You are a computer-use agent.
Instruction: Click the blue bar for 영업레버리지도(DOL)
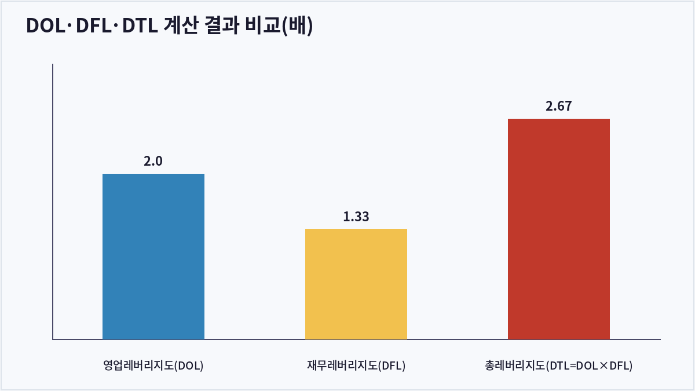click(153, 256)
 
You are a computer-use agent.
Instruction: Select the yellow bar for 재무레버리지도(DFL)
click(356, 284)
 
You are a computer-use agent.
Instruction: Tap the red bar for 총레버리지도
click(559, 229)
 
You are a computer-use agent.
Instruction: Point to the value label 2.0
click(153, 161)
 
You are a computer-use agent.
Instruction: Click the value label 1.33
click(356, 216)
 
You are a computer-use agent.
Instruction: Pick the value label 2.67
click(559, 106)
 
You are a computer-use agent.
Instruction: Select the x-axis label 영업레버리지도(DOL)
click(153, 366)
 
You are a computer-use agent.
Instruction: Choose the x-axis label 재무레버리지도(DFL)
click(356, 366)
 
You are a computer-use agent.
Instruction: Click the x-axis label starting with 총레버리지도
click(559, 366)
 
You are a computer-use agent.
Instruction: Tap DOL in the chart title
click(46, 25)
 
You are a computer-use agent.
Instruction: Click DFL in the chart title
click(93, 25)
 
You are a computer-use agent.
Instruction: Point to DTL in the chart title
click(140, 25)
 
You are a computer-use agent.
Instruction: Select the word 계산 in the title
click(181, 25)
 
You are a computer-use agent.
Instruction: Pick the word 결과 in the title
click(222, 25)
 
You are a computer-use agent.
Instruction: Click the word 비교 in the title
click(263, 25)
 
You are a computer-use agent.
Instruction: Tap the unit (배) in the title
click(297, 25)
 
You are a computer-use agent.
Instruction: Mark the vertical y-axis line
click(53, 202)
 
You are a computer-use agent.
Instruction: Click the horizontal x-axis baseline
click(357, 339)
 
